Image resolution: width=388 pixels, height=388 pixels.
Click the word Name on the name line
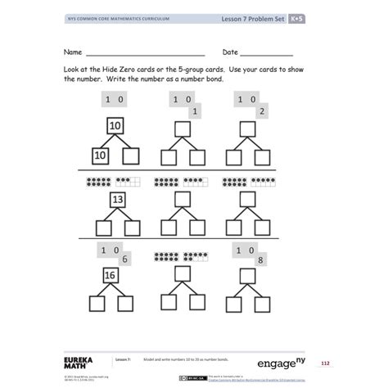click(x=74, y=51)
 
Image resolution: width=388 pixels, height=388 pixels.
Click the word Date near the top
click(x=230, y=51)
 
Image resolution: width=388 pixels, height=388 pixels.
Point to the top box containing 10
click(x=116, y=125)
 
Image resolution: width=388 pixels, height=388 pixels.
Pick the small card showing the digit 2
click(x=262, y=112)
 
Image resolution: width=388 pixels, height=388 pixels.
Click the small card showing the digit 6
click(x=124, y=259)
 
